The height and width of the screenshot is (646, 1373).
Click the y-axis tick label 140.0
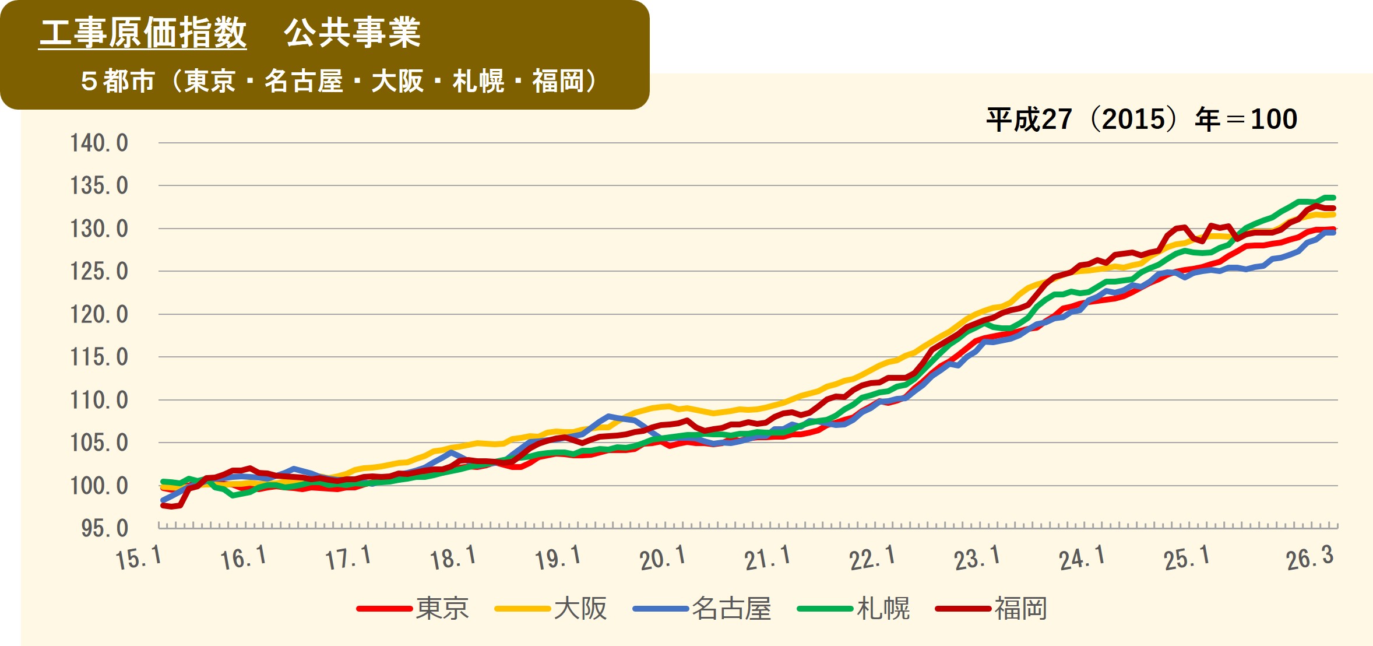pyautogui.click(x=99, y=143)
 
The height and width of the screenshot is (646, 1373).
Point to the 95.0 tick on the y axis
pyautogui.click(x=104, y=528)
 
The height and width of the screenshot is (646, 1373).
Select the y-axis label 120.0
pyautogui.click(x=99, y=314)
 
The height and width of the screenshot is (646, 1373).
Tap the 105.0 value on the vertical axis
pyautogui.click(x=99, y=443)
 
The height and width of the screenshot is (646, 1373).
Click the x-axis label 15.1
pyautogui.click(x=139, y=558)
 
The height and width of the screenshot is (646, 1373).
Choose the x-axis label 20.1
pyautogui.click(x=663, y=558)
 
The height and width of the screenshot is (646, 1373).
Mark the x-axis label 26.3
pyautogui.click(x=1309, y=558)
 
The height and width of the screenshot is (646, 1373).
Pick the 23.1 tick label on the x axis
pyautogui.click(x=977, y=558)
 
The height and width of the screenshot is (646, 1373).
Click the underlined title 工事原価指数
pyautogui.click(x=143, y=33)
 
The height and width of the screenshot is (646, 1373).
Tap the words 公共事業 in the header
pyautogui.click(x=352, y=33)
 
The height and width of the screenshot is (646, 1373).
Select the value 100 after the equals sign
pyautogui.click(x=1274, y=120)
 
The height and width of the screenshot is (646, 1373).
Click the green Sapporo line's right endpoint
pyautogui.click(x=1333, y=198)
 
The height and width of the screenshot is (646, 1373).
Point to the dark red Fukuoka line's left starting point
pyautogui.click(x=163, y=505)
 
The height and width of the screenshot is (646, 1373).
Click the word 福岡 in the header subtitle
pyautogui.click(x=557, y=81)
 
